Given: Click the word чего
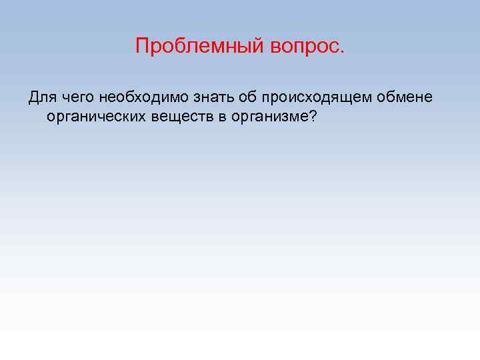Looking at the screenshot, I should [78, 99].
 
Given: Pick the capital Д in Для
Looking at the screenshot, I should [33, 98].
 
